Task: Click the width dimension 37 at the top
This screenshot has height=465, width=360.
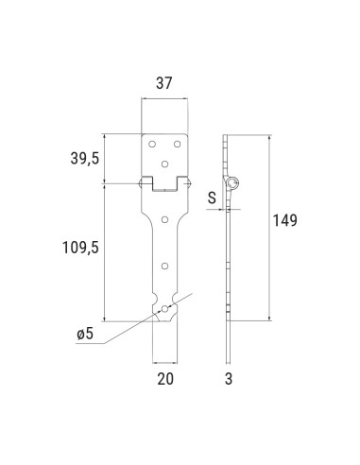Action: (x=164, y=83)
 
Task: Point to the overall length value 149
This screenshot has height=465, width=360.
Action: (x=284, y=221)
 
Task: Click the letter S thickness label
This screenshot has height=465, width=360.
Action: (x=213, y=198)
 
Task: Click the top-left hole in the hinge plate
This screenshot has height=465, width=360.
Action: (x=152, y=145)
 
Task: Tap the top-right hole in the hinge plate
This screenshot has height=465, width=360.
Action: (x=178, y=145)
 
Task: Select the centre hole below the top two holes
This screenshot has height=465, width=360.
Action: (x=165, y=164)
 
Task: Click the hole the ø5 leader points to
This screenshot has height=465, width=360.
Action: (x=165, y=308)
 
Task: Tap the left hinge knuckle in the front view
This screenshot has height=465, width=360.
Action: (x=147, y=180)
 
